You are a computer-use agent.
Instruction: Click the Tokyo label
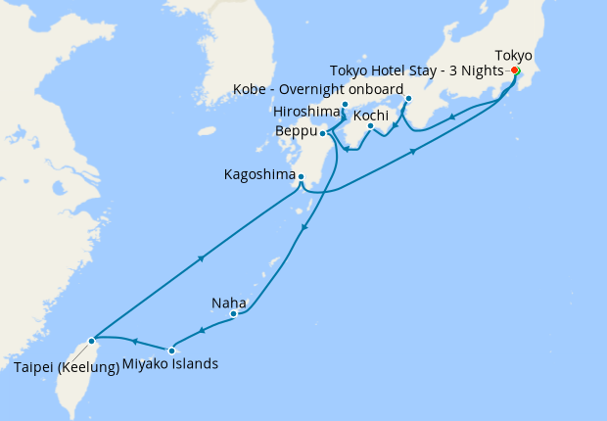coord(515,55)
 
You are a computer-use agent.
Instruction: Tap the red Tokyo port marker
coord(515,70)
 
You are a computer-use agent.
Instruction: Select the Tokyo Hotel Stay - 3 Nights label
coord(416,71)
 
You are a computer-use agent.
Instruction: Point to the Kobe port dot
coord(408,99)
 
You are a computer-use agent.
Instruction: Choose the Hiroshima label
coord(306,111)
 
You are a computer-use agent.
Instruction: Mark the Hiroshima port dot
coord(345,105)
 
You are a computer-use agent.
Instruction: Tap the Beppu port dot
coord(322,133)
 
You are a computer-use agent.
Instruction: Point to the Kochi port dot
coord(370,126)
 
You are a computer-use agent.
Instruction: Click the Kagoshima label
coord(259,175)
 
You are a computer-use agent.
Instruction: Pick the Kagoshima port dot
coord(301,177)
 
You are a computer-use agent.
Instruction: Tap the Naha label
coord(228,302)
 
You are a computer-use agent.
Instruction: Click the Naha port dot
coord(233,314)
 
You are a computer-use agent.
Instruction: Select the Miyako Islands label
coord(170,364)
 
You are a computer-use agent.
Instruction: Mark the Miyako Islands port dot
coord(171,350)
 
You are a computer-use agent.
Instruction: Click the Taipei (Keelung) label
coord(67,367)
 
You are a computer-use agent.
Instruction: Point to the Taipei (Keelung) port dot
coord(92,341)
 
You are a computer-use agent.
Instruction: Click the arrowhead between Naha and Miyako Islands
coord(202,331)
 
